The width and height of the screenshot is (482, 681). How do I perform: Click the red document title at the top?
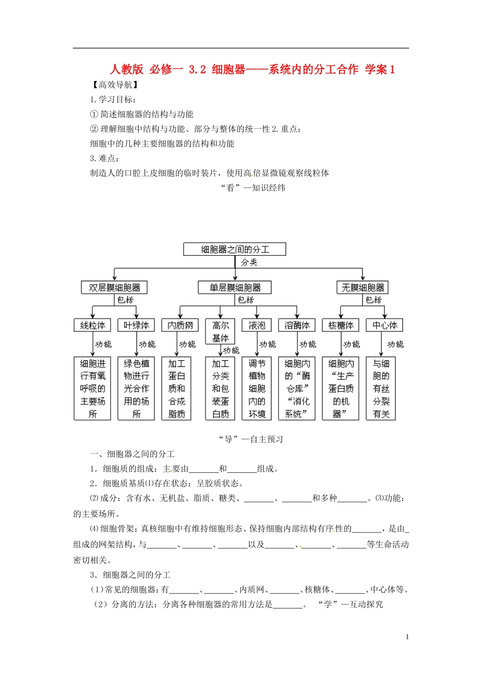click(x=252, y=69)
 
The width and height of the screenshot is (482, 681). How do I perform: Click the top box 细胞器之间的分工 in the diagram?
click(x=234, y=249)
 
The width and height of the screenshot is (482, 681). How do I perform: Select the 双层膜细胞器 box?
click(x=114, y=288)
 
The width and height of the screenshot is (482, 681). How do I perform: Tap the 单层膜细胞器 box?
click(x=234, y=288)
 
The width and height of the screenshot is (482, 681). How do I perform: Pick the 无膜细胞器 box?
click(x=362, y=288)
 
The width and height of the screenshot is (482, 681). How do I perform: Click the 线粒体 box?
click(x=92, y=325)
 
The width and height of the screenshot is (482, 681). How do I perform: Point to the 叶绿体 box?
click(x=136, y=325)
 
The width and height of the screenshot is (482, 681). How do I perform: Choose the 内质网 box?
click(x=180, y=325)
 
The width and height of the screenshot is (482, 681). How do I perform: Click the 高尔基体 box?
click(x=220, y=331)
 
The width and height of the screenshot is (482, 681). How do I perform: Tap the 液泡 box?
click(x=257, y=325)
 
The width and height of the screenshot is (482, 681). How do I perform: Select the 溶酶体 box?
click(x=297, y=325)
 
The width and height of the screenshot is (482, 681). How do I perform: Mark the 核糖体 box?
click(x=340, y=325)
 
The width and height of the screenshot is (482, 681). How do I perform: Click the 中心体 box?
click(x=385, y=325)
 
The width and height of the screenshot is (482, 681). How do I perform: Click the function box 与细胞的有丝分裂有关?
click(x=381, y=389)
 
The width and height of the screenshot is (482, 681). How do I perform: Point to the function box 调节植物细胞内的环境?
click(x=257, y=389)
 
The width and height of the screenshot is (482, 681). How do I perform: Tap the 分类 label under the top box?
click(x=249, y=262)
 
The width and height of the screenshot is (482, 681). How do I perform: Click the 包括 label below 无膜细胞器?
click(x=373, y=300)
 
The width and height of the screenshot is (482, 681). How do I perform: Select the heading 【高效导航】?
click(x=115, y=85)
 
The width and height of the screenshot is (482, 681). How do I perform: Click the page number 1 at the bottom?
click(x=407, y=637)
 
